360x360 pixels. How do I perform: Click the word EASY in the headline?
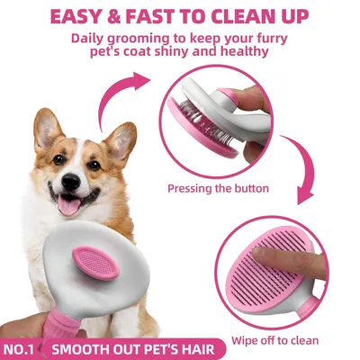coord(80,15)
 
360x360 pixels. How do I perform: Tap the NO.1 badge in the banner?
coord(22,346)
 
